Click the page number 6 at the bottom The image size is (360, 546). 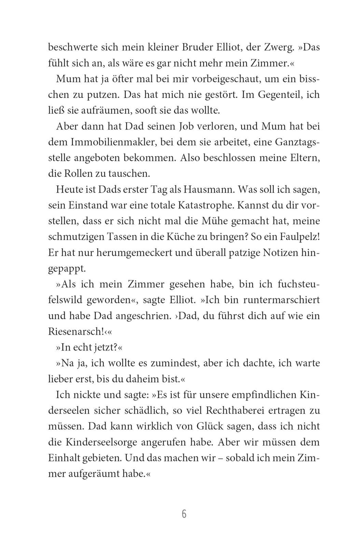[x=184, y=514]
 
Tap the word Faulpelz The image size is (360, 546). [x=296, y=237]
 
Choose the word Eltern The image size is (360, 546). [x=302, y=158]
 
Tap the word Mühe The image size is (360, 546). [x=216, y=221]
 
